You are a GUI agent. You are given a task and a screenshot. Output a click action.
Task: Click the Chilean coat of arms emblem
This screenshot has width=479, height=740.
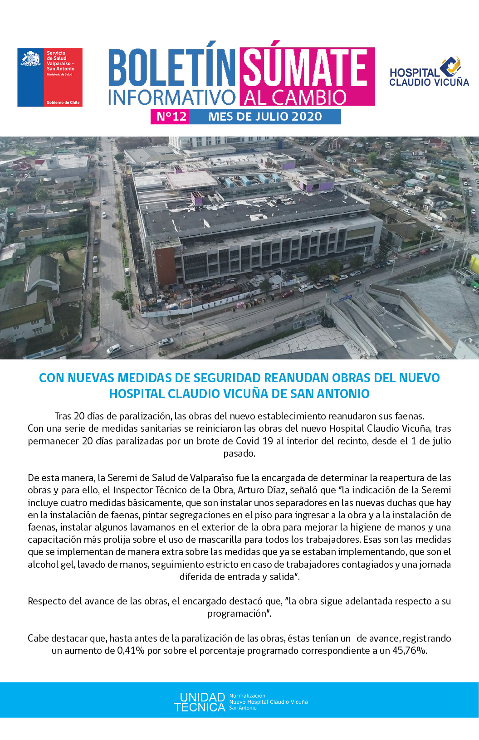pos(30,59)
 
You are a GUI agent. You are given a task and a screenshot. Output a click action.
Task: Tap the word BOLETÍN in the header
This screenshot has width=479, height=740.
pos(171,68)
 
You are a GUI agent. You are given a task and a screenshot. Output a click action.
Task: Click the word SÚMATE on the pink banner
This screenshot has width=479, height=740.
pos(305,68)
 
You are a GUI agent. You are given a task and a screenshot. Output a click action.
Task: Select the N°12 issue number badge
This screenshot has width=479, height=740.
pos(171,117)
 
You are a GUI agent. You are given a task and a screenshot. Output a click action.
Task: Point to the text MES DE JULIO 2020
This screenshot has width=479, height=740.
pos(265,117)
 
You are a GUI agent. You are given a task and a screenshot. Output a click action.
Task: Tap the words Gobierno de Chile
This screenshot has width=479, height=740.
pos(63,102)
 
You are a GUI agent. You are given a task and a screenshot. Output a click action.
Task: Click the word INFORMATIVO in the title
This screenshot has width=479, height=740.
pos(171,97)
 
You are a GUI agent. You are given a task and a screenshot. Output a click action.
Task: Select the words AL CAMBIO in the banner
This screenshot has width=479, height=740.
pos(295,97)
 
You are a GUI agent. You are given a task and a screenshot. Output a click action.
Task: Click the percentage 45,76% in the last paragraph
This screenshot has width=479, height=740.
pos(409,651)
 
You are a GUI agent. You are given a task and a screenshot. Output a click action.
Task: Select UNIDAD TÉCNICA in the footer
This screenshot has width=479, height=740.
pos(200,702)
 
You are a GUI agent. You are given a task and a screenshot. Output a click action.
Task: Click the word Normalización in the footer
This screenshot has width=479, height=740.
pos(247,696)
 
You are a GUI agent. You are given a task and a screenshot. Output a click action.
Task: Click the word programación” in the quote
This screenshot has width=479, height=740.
pos(239,613)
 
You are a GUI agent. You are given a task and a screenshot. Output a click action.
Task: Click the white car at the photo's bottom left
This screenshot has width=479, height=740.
pos(113,349)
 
